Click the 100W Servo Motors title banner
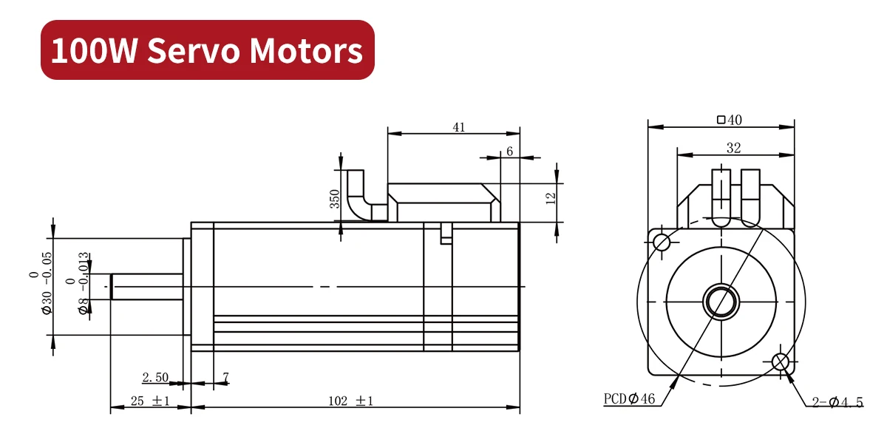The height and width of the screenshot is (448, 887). point(207,50)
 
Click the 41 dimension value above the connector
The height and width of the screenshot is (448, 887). point(458,127)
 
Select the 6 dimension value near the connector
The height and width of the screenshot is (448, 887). point(509,152)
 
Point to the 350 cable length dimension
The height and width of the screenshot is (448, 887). point(334,199)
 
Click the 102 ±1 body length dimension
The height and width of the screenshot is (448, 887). point(350,401)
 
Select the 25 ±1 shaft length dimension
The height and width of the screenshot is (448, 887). point(150,401)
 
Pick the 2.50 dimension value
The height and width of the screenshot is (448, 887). point(156,378)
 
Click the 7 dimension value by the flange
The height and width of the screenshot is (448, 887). point(225,378)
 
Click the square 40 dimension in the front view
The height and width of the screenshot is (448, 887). point(729,120)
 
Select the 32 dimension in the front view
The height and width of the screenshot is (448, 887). point(733,148)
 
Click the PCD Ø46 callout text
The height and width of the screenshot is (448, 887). point(629,399)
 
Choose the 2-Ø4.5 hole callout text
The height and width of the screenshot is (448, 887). point(837,402)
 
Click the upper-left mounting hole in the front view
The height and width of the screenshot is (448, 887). point(662,241)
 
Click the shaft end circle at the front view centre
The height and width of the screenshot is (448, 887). point(721,301)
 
